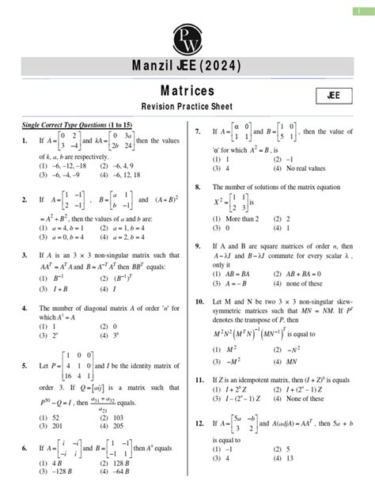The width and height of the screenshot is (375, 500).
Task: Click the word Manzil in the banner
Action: point(146,65)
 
